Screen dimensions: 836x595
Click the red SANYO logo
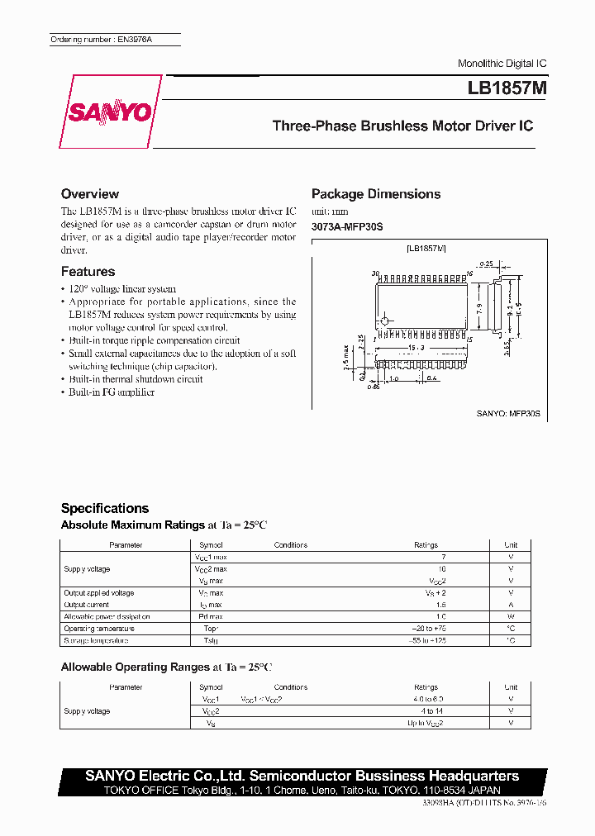[107, 112]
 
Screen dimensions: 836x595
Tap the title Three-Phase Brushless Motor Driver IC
[402, 126]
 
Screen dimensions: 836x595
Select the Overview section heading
[90, 194]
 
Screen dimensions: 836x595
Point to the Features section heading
[88, 272]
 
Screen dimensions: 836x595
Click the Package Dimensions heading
[376, 194]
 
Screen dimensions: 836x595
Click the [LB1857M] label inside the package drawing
[426, 249]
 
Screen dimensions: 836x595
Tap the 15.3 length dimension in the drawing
[417, 348]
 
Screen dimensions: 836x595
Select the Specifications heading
[105, 509]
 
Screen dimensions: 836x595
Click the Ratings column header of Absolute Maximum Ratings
[426, 545]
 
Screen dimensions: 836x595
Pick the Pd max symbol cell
[211, 617]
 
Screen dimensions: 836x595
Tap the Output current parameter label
[87, 605]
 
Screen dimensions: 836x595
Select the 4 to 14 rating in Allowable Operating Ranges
[431, 711]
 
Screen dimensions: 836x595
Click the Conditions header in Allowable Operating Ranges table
[291, 687]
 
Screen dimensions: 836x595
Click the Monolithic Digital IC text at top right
[502, 64]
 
